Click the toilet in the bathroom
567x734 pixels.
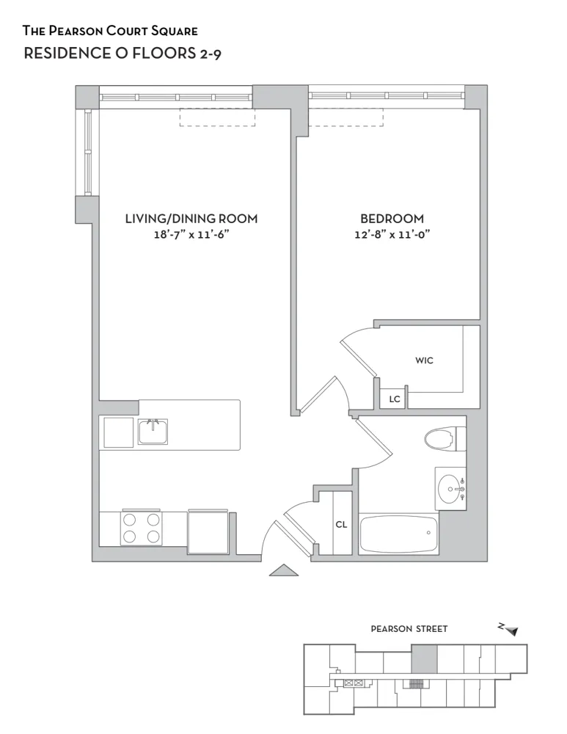click(x=445, y=439)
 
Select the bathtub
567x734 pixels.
click(x=398, y=534)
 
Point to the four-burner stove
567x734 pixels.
click(x=142, y=527)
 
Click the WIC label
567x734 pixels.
click(x=424, y=360)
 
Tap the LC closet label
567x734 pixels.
click(x=394, y=399)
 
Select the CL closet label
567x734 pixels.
click(x=341, y=525)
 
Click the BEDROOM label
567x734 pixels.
click(x=392, y=219)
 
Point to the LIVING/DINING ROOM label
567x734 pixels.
click(x=191, y=219)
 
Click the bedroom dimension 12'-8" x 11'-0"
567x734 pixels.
click(x=392, y=235)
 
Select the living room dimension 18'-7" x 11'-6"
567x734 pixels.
click(x=191, y=235)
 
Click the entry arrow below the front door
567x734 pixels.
click(x=284, y=570)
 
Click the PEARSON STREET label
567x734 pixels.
click(x=409, y=629)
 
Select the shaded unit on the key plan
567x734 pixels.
click(x=424, y=658)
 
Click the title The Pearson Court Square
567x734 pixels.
click(x=110, y=31)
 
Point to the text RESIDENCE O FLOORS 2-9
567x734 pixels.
click(x=122, y=54)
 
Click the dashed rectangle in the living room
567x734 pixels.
click(x=217, y=117)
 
